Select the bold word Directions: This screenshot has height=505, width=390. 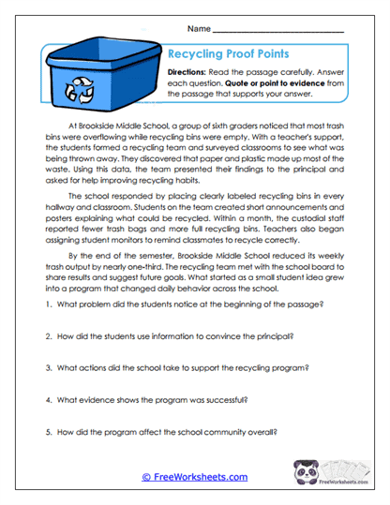point(191,72)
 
